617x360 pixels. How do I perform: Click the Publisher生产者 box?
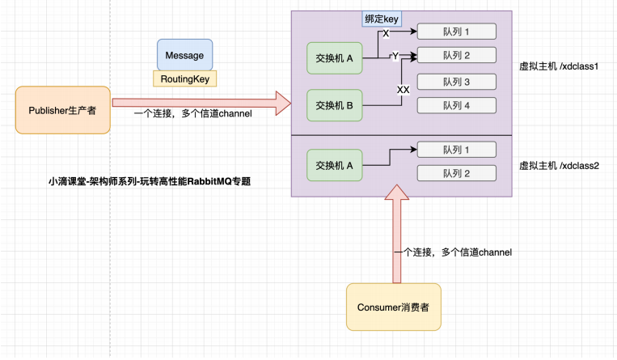tap(63, 110)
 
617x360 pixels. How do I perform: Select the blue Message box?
tap(184, 55)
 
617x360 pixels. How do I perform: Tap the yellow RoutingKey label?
tap(184, 78)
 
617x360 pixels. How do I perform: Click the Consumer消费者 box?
tap(393, 307)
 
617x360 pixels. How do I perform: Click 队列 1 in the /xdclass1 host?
tap(456, 32)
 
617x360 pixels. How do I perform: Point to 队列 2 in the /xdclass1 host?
tap(456, 55)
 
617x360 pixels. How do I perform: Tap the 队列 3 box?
tap(456, 82)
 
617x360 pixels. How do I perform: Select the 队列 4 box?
tap(456, 104)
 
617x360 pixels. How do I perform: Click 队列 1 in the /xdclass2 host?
tap(456, 150)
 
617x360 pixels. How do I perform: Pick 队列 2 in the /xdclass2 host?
tap(456, 173)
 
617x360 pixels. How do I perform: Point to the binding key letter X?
tap(385, 34)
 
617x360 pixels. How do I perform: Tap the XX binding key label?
tap(403, 90)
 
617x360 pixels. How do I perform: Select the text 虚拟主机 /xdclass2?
tap(558, 164)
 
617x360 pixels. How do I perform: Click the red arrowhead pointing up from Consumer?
tap(396, 194)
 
